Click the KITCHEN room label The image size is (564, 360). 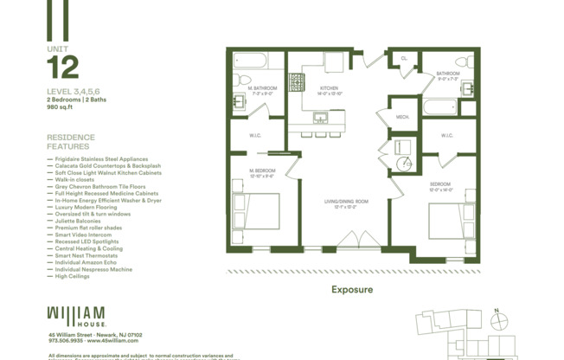point(330,89)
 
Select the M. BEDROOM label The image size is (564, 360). point(262,172)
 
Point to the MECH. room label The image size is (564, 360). point(403,116)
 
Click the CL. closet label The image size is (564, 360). point(404,59)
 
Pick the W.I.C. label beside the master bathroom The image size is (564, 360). point(256,135)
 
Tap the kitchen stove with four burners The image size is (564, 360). point(297,82)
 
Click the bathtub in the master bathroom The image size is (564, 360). point(252,61)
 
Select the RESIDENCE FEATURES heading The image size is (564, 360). point(71,142)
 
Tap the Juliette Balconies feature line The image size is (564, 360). point(78,221)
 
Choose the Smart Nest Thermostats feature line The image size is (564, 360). point(87,255)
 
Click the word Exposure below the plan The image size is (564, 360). point(352,290)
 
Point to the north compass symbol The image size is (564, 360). point(497,319)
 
